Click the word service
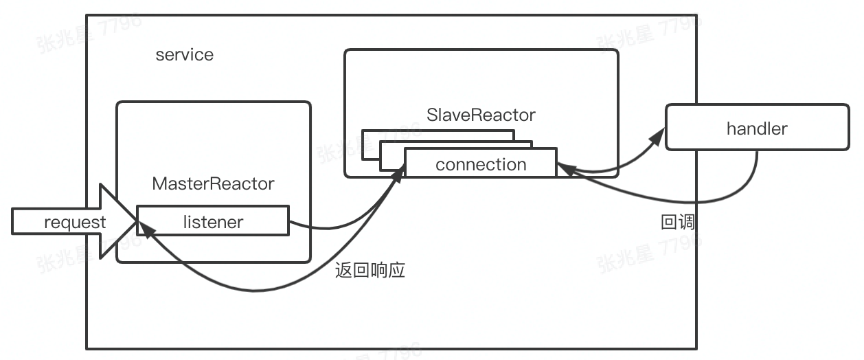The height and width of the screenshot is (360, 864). pyautogui.click(x=184, y=55)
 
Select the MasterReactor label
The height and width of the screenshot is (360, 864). pyautogui.click(x=213, y=184)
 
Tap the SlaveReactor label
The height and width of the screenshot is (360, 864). pyautogui.click(x=481, y=115)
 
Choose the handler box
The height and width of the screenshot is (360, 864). pyautogui.click(x=757, y=127)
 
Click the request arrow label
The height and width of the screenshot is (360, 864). pyautogui.click(x=75, y=223)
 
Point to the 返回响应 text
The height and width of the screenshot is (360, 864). pyautogui.click(x=370, y=270)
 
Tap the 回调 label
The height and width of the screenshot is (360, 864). pyautogui.click(x=677, y=222)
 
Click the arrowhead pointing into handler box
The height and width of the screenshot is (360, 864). pyautogui.click(x=657, y=137)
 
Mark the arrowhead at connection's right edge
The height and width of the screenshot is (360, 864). pyautogui.click(x=562, y=167)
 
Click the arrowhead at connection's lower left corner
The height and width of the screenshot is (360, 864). pyautogui.click(x=398, y=177)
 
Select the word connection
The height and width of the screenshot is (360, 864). pyautogui.click(x=481, y=165)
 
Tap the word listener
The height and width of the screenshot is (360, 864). pyautogui.click(x=213, y=221)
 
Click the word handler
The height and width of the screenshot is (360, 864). pyautogui.click(x=757, y=128)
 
